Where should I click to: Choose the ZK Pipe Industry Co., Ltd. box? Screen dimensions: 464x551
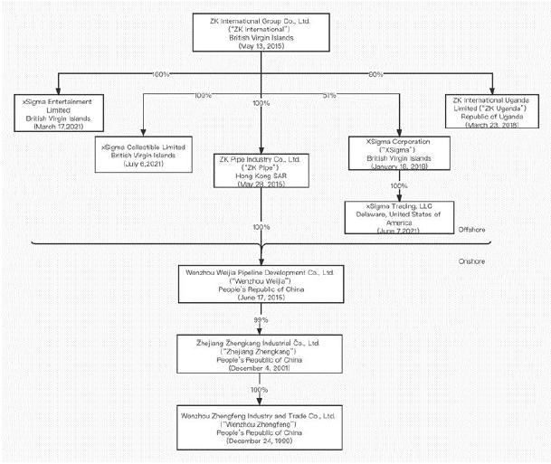click(x=261, y=169)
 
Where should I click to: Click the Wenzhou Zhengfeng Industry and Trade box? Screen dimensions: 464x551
click(x=261, y=430)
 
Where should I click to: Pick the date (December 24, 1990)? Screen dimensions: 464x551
click(x=261, y=447)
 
